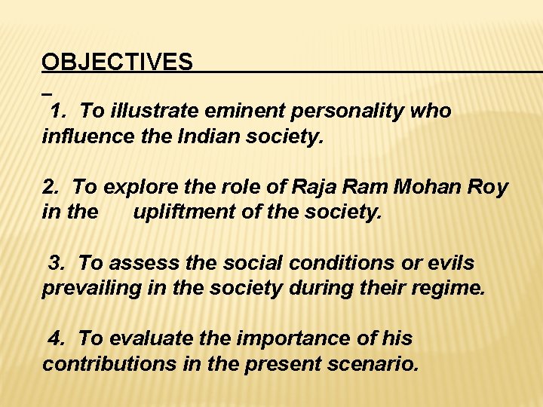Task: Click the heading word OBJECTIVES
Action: (117, 62)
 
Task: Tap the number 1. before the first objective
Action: (59, 112)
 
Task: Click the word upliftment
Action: (183, 213)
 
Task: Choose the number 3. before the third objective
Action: (57, 263)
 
